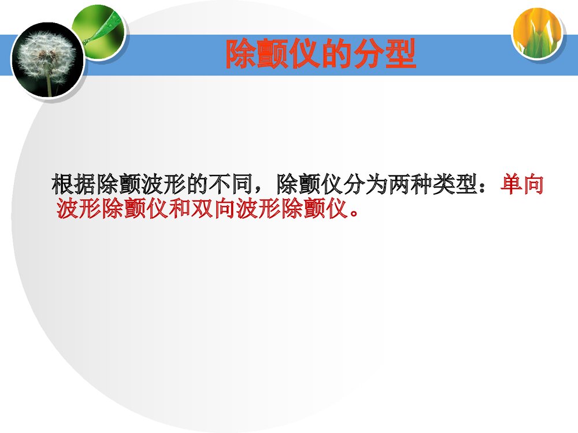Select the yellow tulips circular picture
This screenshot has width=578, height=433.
(536, 33)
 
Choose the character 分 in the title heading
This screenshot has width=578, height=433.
(368, 54)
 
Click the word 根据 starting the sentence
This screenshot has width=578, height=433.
(74, 185)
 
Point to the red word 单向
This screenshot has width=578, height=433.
(523, 185)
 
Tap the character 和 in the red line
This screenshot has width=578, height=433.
(180, 208)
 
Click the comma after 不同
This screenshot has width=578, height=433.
(259, 191)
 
